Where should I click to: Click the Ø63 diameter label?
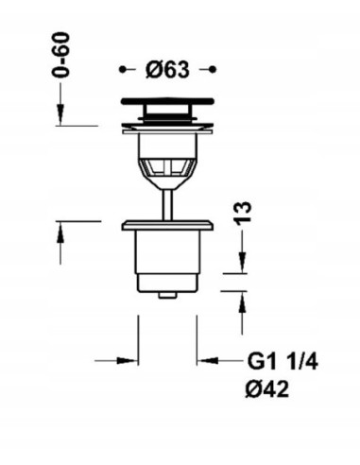167,69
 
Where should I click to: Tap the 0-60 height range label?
60,55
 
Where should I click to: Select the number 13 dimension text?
243,214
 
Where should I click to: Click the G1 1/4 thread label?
283,361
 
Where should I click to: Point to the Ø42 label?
267,388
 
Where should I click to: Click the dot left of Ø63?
122,69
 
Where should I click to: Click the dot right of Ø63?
213,69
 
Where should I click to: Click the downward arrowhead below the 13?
243,262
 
